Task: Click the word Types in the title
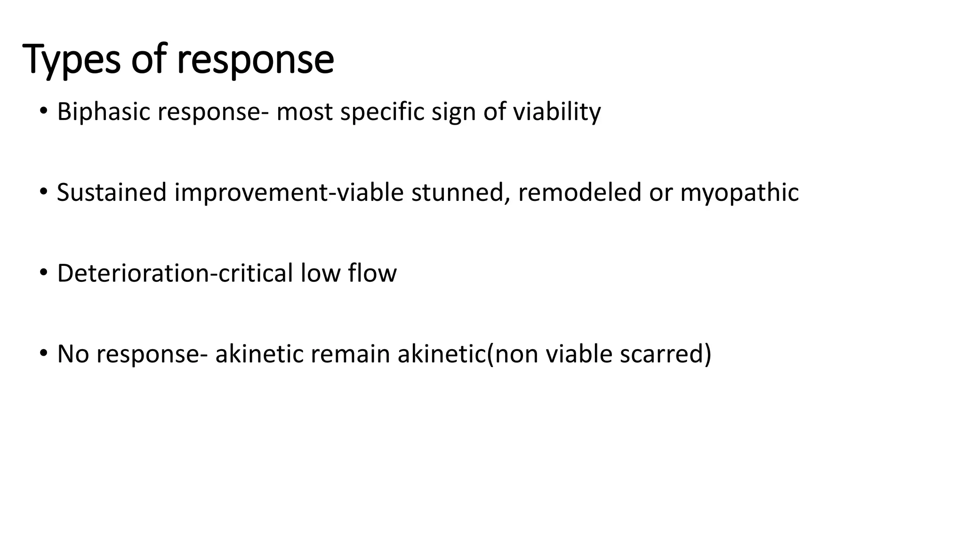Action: (x=71, y=60)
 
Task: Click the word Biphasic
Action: (x=104, y=112)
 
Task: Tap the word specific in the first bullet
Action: (x=382, y=112)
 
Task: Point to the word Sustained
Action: (x=112, y=193)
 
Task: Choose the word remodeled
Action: (x=580, y=193)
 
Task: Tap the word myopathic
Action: (x=739, y=193)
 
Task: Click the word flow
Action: (x=372, y=273)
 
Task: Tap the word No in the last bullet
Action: (x=73, y=354)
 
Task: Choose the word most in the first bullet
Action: (x=304, y=112)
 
